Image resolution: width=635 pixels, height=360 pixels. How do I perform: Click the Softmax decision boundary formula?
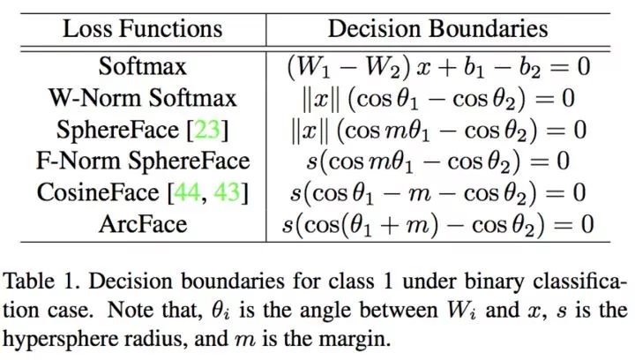pyautogui.click(x=437, y=66)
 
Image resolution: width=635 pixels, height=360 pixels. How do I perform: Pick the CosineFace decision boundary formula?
pyautogui.click(x=437, y=192)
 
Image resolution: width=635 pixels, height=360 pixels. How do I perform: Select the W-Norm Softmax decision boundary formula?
pyautogui.click(x=437, y=98)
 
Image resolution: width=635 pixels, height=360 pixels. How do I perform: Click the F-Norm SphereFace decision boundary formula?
pyautogui.click(x=437, y=161)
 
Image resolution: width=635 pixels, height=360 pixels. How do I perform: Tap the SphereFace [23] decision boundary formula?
pyautogui.click(x=437, y=130)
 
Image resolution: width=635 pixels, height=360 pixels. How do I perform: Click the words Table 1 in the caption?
pyautogui.click(x=35, y=284)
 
